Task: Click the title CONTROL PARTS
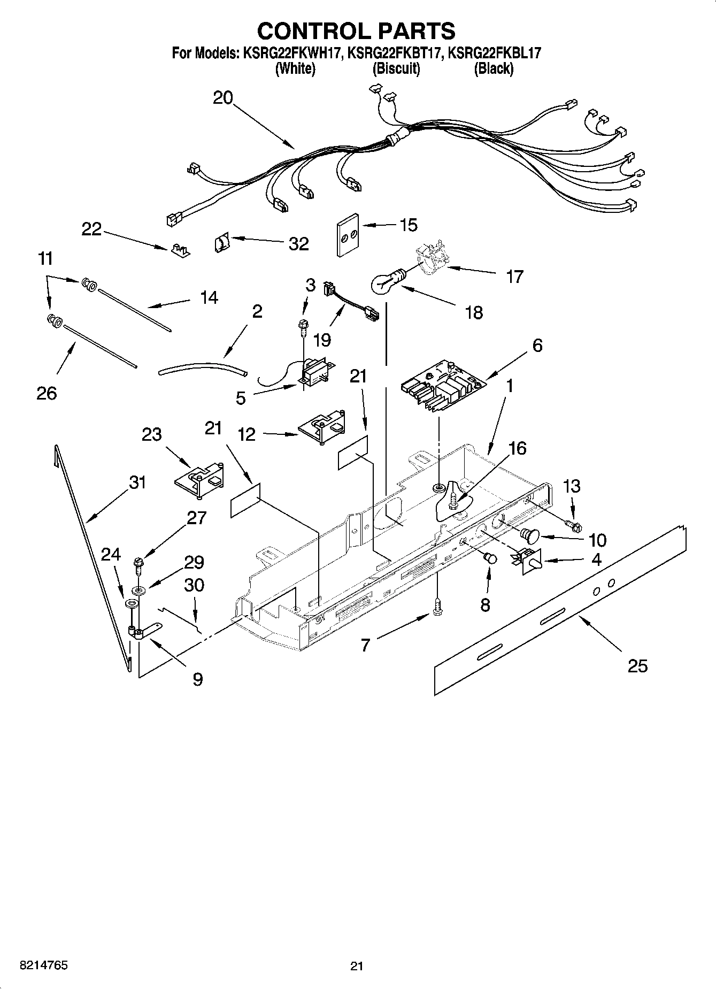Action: [x=356, y=31]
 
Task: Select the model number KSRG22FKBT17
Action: [x=395, y=53]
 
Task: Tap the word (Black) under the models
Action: [x=493, y=68]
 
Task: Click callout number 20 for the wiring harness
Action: [x=223, y=98]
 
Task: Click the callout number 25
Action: [x=637, y=666]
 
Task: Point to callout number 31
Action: [x=137, y=482]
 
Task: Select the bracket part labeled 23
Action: [x=198, y=478]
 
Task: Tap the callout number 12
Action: [x=247, y=434]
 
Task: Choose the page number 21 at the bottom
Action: [x=357, y=966]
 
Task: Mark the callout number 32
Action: [x=298, y=244]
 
